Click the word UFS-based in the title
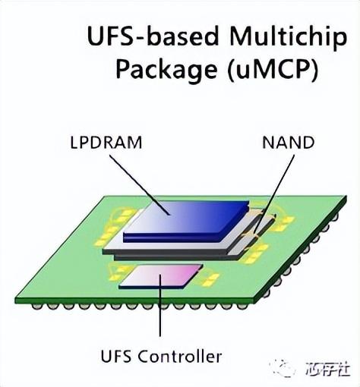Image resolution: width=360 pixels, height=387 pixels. [153, 36]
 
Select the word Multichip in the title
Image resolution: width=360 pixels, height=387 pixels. [288, 37]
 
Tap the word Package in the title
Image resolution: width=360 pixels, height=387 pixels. [166, 68]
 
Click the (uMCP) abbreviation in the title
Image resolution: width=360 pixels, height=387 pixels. [273, 69]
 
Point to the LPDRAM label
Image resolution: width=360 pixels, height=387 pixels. [106, 143]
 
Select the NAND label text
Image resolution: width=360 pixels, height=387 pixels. [289, 143]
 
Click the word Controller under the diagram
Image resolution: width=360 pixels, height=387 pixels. [180, 356]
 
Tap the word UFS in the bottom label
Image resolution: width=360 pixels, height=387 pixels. [116, 356]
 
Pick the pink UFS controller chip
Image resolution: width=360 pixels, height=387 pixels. [161, 276]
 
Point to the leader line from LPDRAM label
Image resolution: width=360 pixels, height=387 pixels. [140, 185]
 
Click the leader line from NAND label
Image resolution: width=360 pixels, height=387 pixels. [275, 193]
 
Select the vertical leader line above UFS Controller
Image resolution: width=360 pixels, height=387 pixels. [160, 305]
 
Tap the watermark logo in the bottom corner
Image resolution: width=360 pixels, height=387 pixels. [285, 369]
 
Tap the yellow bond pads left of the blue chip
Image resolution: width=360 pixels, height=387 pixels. [112, 228]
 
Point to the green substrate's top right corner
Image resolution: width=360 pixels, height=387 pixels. [346, 196]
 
